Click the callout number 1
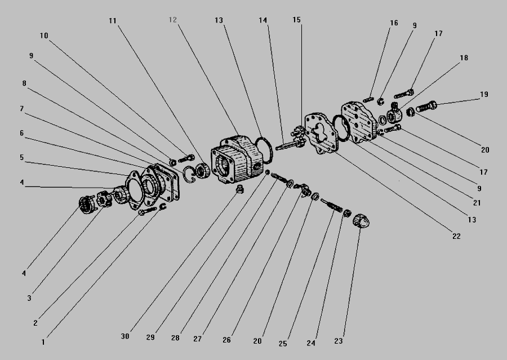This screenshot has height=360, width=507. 43,342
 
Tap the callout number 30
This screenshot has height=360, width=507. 125,336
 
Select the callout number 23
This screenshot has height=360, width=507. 338,341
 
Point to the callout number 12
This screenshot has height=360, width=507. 173,20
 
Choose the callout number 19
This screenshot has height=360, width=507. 484,95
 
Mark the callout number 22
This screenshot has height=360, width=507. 456,236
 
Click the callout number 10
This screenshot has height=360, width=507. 44,35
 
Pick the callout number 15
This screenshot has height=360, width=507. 296,20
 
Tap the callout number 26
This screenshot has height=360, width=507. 226,340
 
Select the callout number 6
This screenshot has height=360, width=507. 21,133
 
